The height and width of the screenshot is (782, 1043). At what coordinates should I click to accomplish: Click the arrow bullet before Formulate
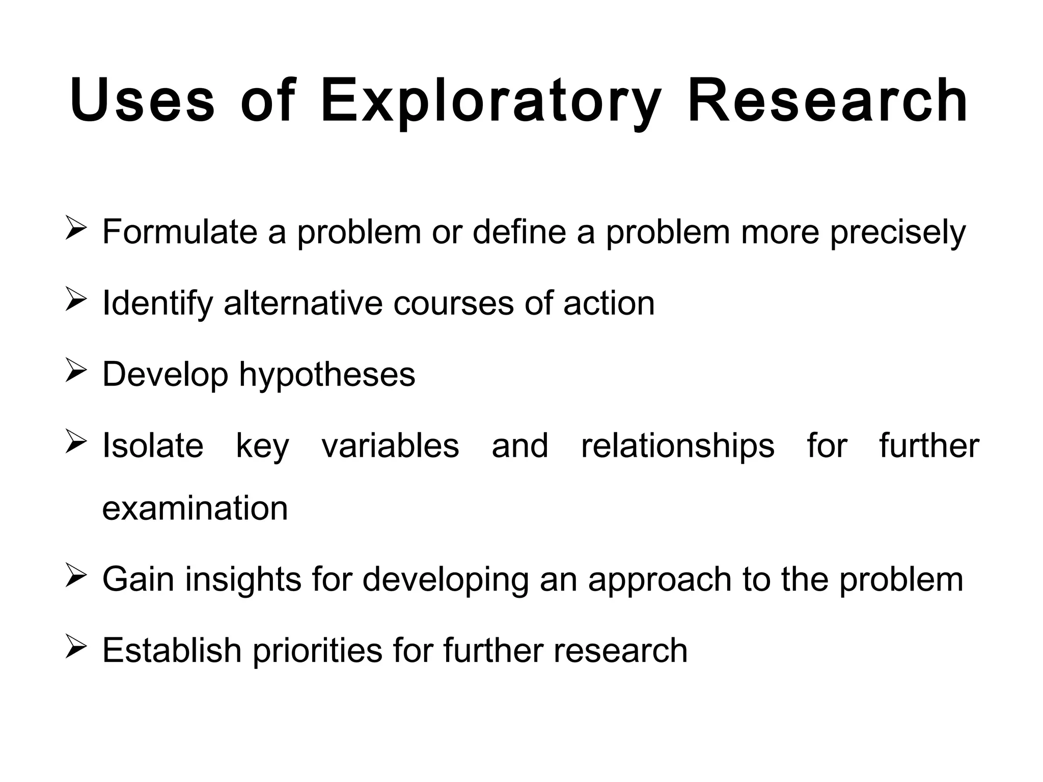tap(76, 228)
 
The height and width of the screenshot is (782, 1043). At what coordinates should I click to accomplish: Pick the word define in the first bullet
tap(519, 232)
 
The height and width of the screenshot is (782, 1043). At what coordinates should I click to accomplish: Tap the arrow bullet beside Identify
tap(76, 299)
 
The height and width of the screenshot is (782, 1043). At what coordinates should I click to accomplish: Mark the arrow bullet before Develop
tap(76, 370)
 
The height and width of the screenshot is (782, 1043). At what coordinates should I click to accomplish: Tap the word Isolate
tap(153, 446)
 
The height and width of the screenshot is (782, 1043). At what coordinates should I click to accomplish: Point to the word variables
tap(390, 446)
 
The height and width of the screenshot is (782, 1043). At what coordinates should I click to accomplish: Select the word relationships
tap(677, 446)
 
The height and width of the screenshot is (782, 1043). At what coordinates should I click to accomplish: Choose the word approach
tap(660, 581)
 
